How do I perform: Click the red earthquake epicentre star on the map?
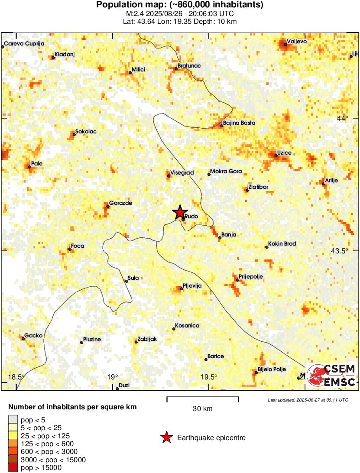[x=180, y=212]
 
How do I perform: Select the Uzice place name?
[x=284, y=153]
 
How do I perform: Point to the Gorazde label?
[x=120, y=203]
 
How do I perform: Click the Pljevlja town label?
[x=193, y=285]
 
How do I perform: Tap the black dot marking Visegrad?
[x=169, y=176]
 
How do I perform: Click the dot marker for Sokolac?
[x=74, y=134]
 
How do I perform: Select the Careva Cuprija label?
[x=24, y=44]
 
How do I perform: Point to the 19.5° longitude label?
[x=209, y=377]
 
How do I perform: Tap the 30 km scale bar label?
[x=203, y=408]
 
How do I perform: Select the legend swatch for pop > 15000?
[x=13, y=468]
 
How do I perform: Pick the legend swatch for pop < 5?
[x=13, y=419]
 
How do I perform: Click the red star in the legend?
[x=166, y=438]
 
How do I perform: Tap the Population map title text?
[x=180, y=5]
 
